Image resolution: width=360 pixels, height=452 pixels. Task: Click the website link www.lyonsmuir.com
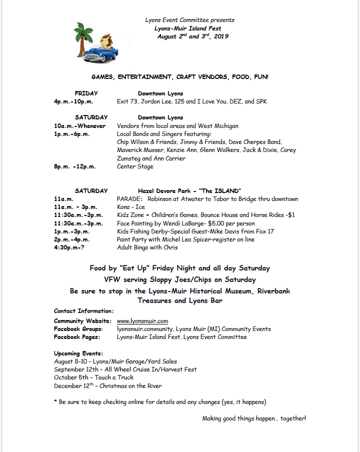pos(142,321)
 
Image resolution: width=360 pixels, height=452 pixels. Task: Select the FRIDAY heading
pos(86,93)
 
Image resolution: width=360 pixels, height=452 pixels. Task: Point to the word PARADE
pos(129,199)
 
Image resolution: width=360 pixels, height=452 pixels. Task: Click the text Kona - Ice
pos(131,207)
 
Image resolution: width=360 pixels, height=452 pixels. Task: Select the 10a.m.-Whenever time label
pos(79,126)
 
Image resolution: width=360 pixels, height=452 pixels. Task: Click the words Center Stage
pos(135,166)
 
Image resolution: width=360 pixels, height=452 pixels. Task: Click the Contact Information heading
pos(83,311)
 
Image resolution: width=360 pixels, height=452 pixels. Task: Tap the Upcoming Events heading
pos(78,353)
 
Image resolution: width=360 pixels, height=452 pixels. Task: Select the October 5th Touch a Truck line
pos(93,377)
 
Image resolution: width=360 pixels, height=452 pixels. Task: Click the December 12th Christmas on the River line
pos(107,386)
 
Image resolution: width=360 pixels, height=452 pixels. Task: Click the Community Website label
pos(82,321)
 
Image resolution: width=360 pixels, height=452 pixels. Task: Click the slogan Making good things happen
pos(254,418)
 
